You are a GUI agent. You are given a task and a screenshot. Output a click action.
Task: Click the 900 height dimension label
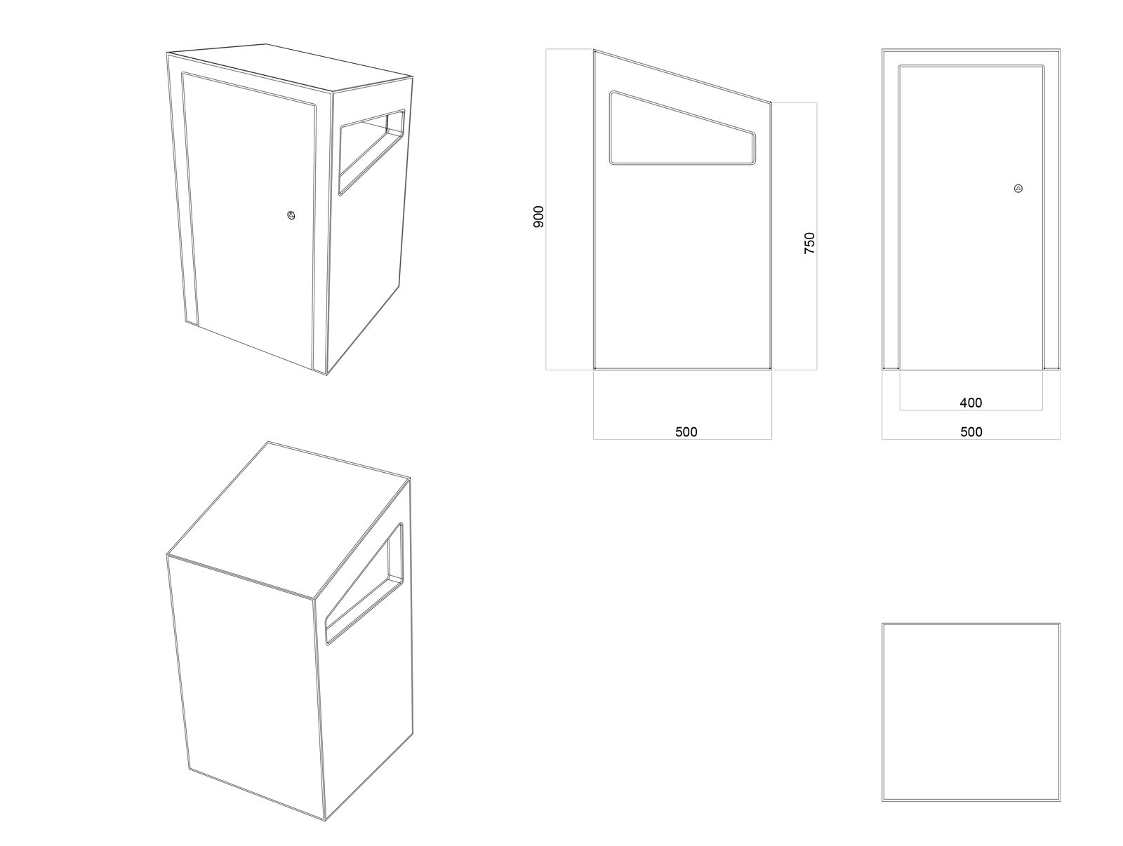tap(538, 216)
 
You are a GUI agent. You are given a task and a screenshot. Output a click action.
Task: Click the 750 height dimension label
tap(809, 243)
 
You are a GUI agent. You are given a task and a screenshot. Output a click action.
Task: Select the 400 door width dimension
tap(971, 403)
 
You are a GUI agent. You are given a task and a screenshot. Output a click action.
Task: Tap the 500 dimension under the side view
tap(686, 432)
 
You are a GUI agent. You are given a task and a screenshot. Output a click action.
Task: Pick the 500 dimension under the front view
tap(971, 432)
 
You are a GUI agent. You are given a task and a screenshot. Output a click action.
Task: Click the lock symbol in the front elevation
tap(1018, 189)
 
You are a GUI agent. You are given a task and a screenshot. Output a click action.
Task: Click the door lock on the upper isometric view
tap(291, 215)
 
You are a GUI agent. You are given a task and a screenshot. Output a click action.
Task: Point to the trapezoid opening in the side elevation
tap(682, 128)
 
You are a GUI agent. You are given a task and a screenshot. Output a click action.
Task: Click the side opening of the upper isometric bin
tap(372, 152)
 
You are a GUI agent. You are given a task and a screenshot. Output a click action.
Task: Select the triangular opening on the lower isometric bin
tap(364, 583)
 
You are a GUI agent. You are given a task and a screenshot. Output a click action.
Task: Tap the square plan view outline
tap(971, 712)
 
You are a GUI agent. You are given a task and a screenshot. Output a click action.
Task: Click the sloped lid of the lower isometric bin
tap(289, 520)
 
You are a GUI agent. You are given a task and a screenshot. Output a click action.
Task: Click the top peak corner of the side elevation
tap(594, 50)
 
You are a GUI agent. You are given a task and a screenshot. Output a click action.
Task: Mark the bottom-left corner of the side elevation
tap(594, 368)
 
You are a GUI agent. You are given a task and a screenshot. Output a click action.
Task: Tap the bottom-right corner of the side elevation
tap(771, 368)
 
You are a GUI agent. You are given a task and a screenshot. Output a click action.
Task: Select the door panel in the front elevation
tap(971, 217)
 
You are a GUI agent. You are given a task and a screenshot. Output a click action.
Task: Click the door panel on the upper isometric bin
tap(250, 222)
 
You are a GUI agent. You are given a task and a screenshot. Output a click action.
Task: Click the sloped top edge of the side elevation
tap(682, 76)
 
